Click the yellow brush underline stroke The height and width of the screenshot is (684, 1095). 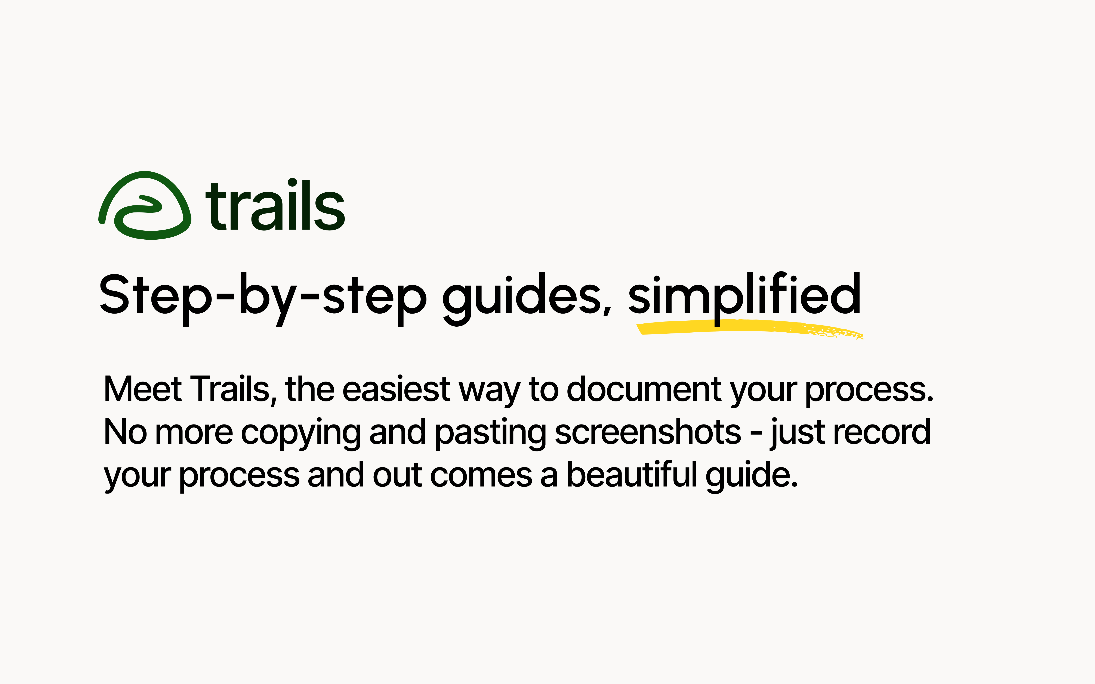749,328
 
